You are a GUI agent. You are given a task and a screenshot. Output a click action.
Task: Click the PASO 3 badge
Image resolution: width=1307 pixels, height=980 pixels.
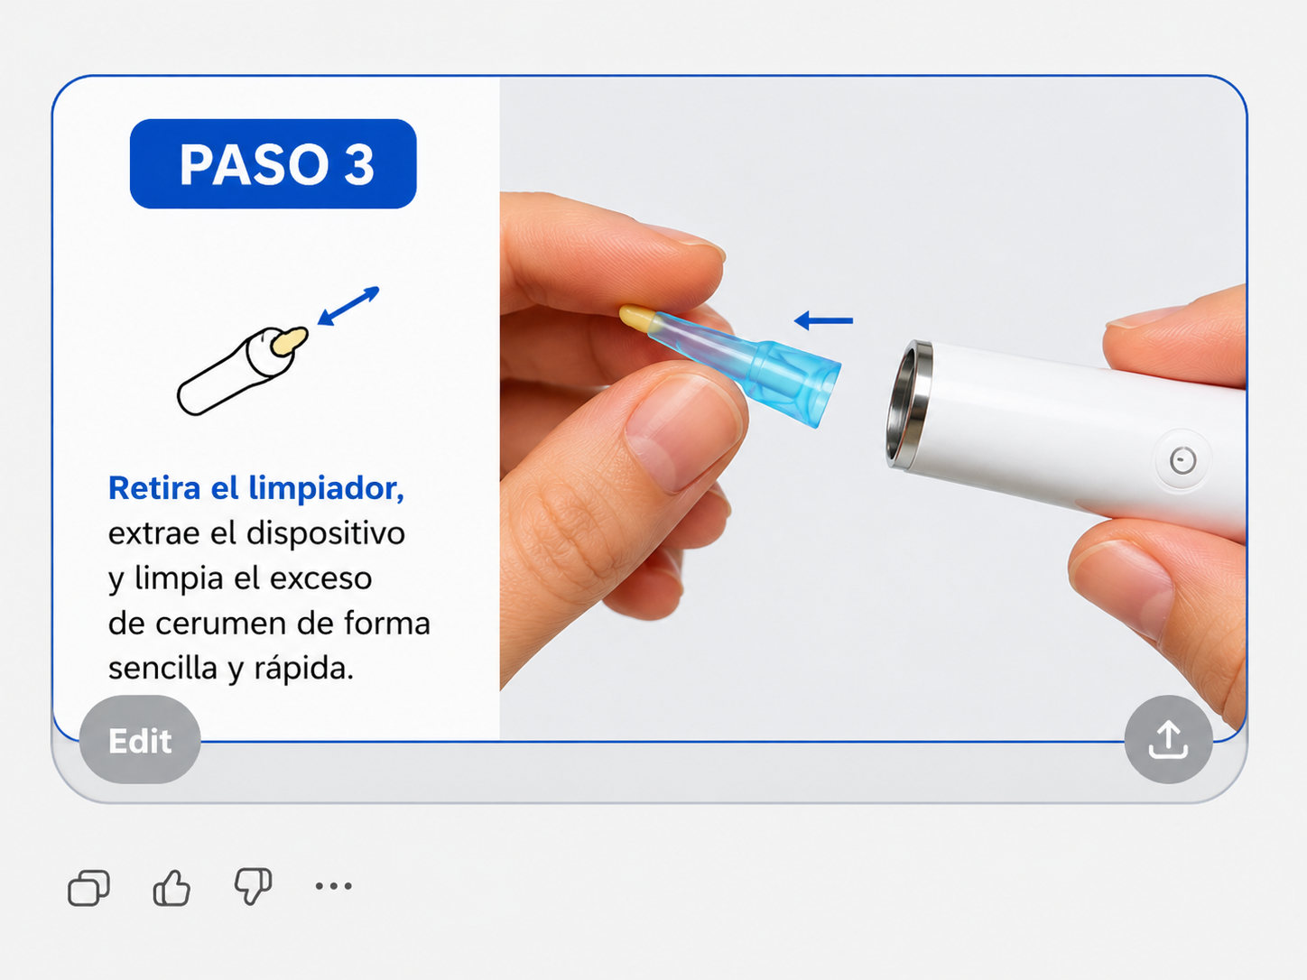coord(273,163)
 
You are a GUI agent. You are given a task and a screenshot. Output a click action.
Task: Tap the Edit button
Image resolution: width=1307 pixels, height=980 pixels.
coord(140,740)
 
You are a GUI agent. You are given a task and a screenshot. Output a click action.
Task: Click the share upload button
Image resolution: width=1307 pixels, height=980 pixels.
coord(1168,740)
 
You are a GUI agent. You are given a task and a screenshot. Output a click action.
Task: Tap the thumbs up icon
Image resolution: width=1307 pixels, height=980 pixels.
coord(171,888)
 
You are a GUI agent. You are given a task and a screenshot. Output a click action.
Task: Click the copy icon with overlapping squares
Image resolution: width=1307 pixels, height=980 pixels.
coord(88,888)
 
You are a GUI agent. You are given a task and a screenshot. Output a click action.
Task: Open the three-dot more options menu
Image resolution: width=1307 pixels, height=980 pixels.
coord(333,886)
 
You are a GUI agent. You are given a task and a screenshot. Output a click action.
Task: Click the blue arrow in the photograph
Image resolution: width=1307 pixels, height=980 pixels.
coord(823,320)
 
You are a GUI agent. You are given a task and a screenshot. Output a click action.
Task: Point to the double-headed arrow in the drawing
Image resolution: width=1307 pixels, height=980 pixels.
coord(348,306)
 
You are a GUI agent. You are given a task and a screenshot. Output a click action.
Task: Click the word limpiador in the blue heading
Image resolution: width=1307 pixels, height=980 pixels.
coord(326,488)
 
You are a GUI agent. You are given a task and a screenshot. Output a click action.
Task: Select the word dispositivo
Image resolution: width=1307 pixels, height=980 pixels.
coord(326,533)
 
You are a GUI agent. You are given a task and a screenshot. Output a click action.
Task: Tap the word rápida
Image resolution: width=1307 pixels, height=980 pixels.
coord(303,669)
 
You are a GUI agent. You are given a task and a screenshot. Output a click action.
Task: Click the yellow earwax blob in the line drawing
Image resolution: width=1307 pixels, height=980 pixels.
coord(289,341)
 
